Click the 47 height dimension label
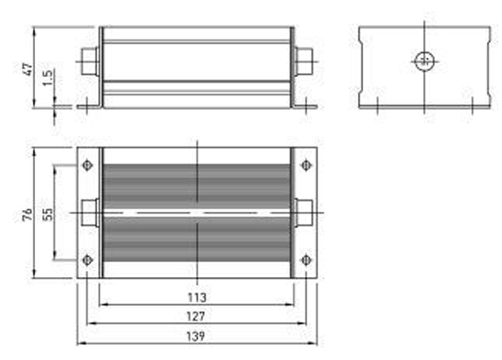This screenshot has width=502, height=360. pyautogui.click(x=27, y=68)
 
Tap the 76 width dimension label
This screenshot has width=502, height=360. pyautogui.click(x=27, y=214)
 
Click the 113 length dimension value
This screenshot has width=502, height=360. pyautogui.click(x=197, y=297)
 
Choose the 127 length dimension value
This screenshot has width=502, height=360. pyautogui.click(x=197, y=316)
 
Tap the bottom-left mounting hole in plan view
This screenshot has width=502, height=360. pyautogui.click(x=88, y=260)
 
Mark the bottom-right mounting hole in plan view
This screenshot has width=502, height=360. pyautogui.click(x=306, y=260)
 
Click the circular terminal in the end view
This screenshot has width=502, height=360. pyautogui.click(x=423, y=60)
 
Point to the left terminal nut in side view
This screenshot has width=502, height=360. pyautogui.click(x=89, y=60)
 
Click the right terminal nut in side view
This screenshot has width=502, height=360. pyautogui.click(x=305, y=60)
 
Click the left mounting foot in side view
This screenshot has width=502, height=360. pyautogui.click(x=88, y=105)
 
